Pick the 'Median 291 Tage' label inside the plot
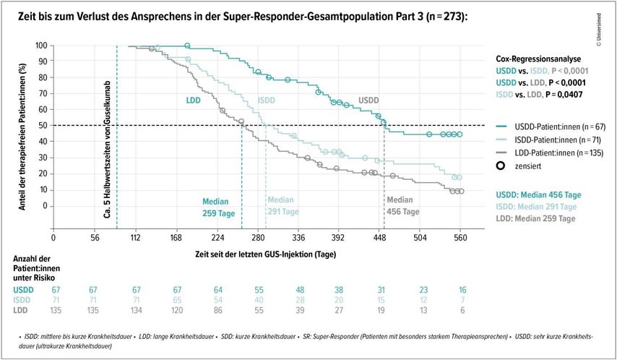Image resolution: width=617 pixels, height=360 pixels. [282, 206]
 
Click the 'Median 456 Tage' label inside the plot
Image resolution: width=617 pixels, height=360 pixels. [402, 206]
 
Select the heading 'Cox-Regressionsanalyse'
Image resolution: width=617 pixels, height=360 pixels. [538, 59]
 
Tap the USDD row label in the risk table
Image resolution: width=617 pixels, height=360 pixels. [23, 290]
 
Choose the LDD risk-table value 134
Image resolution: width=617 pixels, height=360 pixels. [136, 310]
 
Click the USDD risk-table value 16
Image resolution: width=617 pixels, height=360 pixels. [462, 290]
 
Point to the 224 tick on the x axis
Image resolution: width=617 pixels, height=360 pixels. [218, 236]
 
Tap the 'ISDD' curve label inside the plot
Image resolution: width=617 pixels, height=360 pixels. [267, 100]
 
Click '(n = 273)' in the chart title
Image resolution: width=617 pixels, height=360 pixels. [438, 15]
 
